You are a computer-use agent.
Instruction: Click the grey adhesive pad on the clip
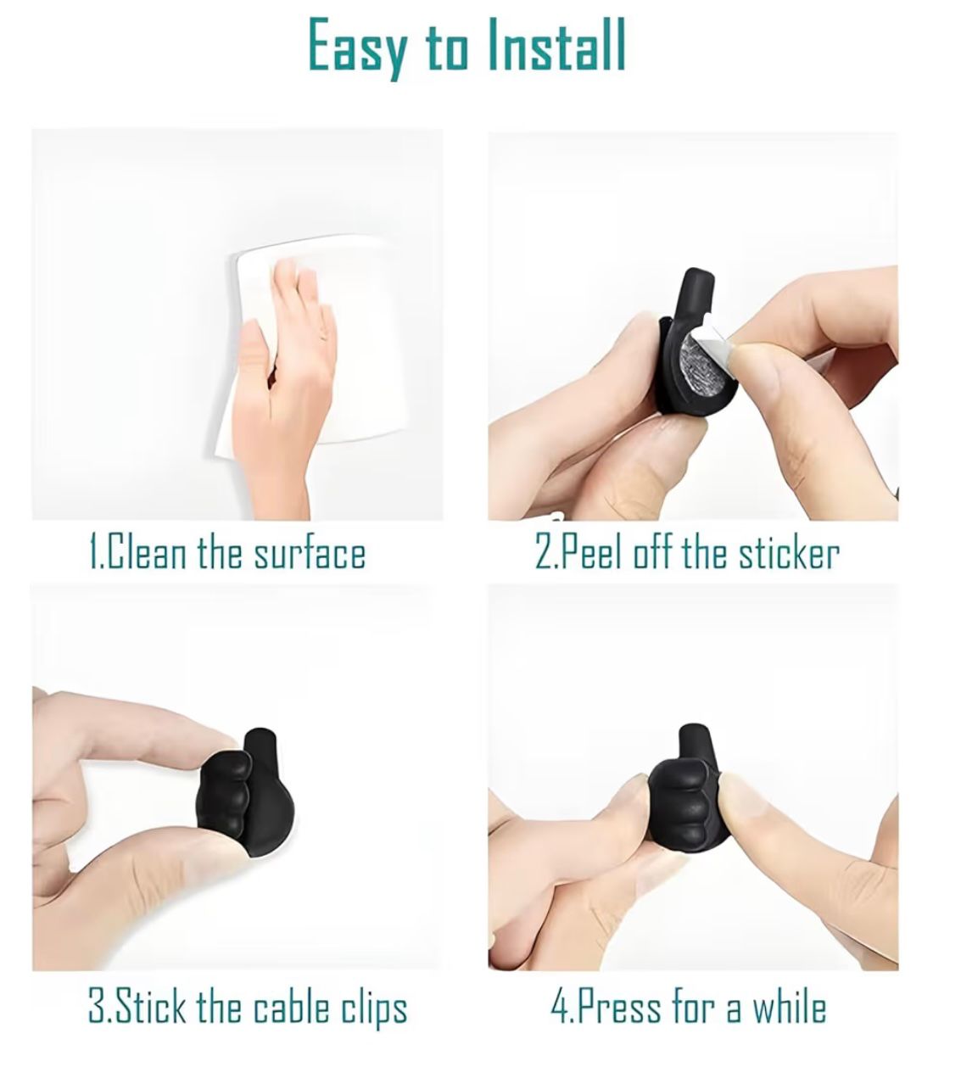pos(703,363)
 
